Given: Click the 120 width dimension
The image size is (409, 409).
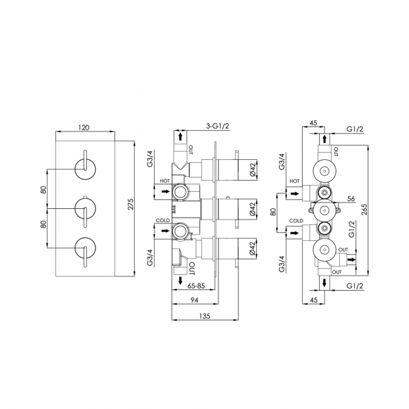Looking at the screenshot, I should pyautogui.click(x=84, y=127).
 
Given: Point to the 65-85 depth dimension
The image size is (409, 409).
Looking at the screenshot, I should pyautogui.click(x=196, y=285).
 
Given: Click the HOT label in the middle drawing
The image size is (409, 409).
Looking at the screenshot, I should pyautogui.click(x=165, y=181).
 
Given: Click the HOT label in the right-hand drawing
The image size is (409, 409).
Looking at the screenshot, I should pyautogui.click(x=294, y=181).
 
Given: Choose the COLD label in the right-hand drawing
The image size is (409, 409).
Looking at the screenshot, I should pyautogui.click(x=296, y=221).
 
